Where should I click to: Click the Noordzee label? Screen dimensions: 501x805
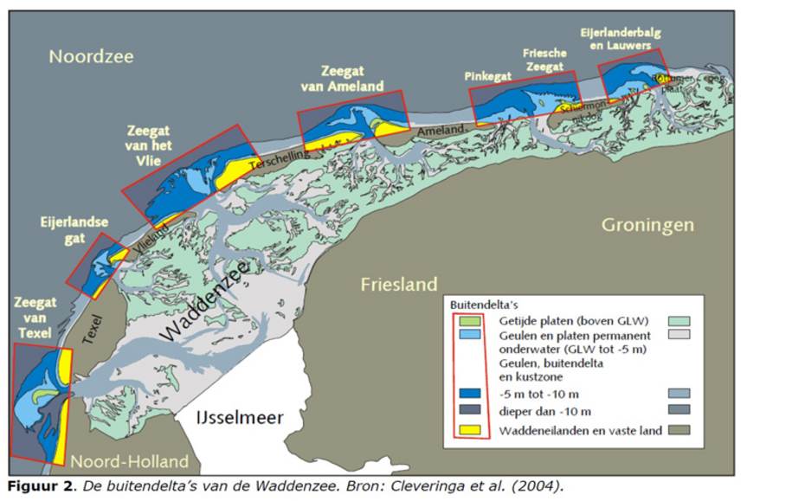coord(91,57)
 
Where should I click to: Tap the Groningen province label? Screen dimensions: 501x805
coord(647,225)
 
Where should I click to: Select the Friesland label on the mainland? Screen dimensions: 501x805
coord(399,284)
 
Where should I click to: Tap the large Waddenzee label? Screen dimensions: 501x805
coord(204,302)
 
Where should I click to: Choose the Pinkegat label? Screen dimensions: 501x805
coord(488,76)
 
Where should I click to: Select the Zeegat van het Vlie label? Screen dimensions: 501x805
coord(148,145)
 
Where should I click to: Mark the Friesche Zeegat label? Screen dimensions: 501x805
coord(544,60)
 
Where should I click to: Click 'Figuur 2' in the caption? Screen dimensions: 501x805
coord(38,485)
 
